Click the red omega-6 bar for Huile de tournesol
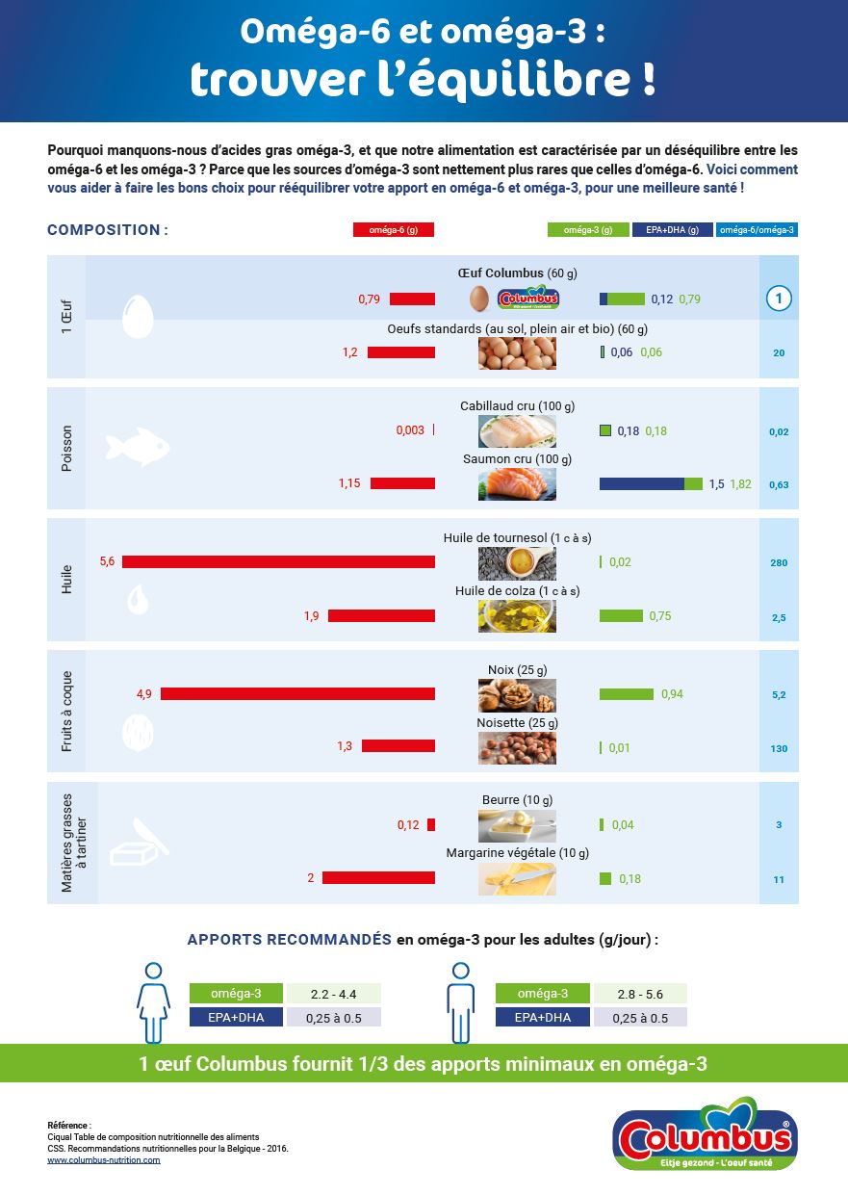point(278,561)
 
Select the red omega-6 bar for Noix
point(297,693)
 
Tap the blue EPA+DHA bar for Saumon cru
point(642,483)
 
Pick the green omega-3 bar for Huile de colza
point(621,615)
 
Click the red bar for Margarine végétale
point(378,877)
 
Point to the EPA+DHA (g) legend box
point(673,230)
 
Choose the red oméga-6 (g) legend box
point(394,230)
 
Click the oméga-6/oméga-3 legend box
point(757,230)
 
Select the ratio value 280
point(779,562)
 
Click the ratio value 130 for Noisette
point(779,748)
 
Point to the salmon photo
point(517,484)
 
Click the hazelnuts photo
point(517,748)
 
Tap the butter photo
point(517,826)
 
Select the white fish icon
point(138,447)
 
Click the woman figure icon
point(154,1002)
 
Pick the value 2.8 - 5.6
point(640,994)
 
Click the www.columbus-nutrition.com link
point(103,1159)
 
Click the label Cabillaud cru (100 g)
point(517,406)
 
